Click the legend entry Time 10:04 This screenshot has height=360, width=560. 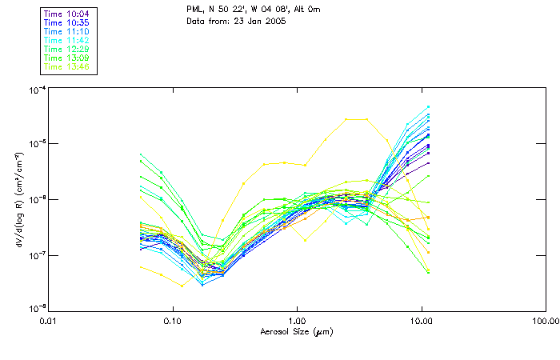pyautogui.click(x=67, y=14)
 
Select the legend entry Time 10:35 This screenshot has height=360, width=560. pyautogui.click(x=67, y=22)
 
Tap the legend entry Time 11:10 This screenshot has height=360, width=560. pyautogui.click(x=67, y=31)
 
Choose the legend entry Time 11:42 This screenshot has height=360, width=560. pyautogui.click(x=67, y=40)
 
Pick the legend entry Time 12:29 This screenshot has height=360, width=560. pyautogui.click(x=67, y=49)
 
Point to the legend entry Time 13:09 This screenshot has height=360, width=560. pyautogui.click(x=67, y=58)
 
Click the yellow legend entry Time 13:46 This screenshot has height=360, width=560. pyautogui.click(x=67, y=66)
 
